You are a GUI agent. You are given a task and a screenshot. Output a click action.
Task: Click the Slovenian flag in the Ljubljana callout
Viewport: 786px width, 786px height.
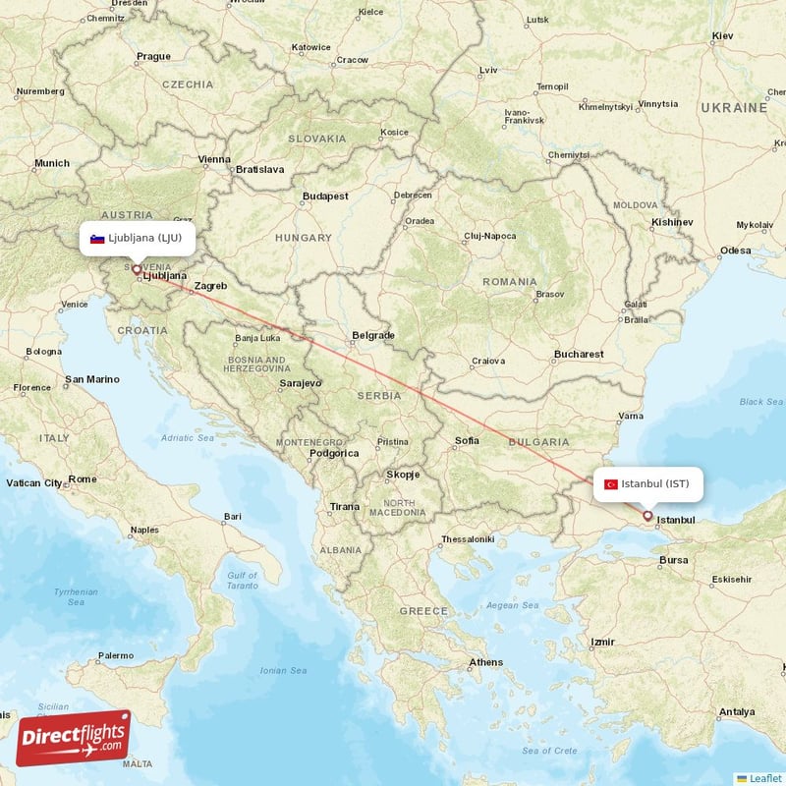pyautogui.click(x=97, y=239)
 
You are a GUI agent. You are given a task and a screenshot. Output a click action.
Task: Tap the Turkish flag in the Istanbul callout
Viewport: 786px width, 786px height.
pyautogui.click(x=611, y=483)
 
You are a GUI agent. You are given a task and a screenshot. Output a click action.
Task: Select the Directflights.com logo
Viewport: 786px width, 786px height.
pyautogui.click(x=74, y=738)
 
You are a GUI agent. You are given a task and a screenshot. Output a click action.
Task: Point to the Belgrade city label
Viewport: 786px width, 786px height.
pyautogui.click(x=373, y=336)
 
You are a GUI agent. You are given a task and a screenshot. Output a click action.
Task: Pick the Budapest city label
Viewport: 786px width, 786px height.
pyautogui.click(x=325, y=196)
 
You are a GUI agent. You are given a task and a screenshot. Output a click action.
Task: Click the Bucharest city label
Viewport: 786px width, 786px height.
pyautogui.click(x=578, y=354)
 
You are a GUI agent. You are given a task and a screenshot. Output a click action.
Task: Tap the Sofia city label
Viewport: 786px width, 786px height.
pyautogui.click(x=467, y=440)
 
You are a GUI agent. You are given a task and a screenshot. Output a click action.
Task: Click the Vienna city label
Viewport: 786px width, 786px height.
pyautogui.click(x=213, y=159)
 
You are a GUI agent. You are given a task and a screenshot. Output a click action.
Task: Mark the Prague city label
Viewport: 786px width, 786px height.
pyautogui.click(x=153, y=56)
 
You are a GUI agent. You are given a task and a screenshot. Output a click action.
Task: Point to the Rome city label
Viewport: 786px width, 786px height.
pyautogui.click(x=83, y=478)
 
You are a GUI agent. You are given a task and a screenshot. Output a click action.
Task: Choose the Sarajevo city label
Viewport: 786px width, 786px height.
pyautogui.click(x=301, y=382)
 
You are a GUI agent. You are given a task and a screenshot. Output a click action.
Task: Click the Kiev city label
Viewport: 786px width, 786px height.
pyautogui.click(x=722, y=36)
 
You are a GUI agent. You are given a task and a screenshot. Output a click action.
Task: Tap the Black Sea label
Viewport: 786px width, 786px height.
pyautogui.click(x=760, y=401)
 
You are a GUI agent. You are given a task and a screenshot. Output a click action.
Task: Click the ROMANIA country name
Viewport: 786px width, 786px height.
pyautogui.click(x=510, y=282)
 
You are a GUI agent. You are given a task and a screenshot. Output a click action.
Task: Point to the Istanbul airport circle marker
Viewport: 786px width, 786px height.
pyautogui.click(x=647, y=515)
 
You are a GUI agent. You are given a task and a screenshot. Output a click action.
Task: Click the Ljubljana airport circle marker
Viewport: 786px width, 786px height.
pyautogui.click(x=137, y=268)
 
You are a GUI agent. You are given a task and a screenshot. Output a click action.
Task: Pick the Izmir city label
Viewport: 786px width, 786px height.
pyautogui.click(x=602, y=643)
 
